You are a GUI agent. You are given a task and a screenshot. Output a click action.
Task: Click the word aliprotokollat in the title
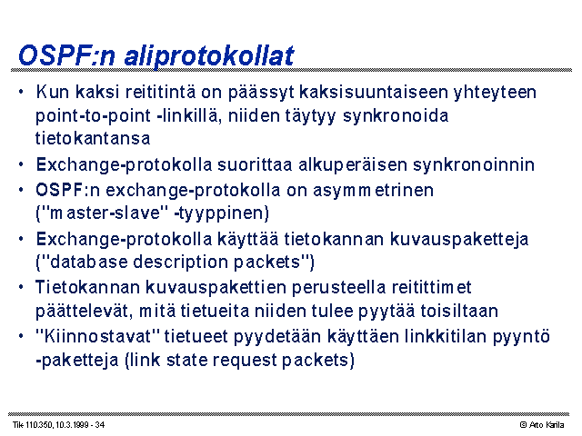click(x=209, y=56)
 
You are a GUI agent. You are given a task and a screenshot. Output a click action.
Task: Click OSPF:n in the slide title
click(x=66, y=55)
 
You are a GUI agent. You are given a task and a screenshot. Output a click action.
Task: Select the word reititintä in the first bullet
click(x=160, y=92)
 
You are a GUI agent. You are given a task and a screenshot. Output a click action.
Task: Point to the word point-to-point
click(x=93, y=116)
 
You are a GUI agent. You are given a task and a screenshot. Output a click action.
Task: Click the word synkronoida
click(x=396, y=116)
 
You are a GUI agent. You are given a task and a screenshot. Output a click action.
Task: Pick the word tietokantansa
click(x=93, y=138)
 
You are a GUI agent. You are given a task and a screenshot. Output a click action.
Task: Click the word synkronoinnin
click(x=474, y=164)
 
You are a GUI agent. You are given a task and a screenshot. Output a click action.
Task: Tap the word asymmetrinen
click(x=373, y=191)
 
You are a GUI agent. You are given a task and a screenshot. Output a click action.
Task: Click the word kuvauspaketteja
click(x=459, y=240)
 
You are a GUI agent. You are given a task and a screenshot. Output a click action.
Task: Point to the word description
click(x=180, y=263)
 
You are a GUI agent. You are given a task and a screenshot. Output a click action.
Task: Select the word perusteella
click(x=338, y=288)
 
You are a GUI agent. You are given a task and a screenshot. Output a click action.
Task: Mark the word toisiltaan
click(x=459, y=311)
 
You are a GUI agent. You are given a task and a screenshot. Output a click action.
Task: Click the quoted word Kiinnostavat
click(x=97, y=337)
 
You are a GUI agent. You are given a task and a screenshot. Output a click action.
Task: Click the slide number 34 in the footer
click(x=100, y=425)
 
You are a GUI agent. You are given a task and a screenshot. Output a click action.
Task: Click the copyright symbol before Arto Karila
click(x=524, y=425)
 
